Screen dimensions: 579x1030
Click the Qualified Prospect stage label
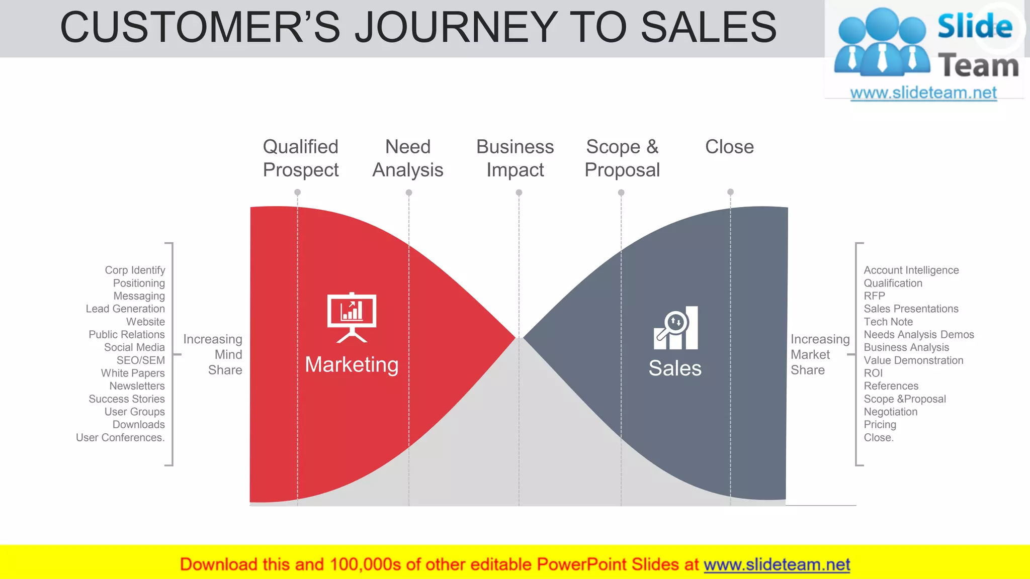(x=301, y=158)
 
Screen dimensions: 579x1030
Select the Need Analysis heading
(x=408, y=158)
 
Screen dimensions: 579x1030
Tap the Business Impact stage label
(x=515, y=158)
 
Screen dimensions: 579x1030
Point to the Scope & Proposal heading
(x=622, y=158)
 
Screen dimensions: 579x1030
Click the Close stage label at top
(x=729, y=147)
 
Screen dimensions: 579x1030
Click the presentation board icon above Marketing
(x=352, y=317)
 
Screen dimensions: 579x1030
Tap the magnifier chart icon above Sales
(x=675, y=328)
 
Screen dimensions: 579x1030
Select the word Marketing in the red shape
(x=352, y=364)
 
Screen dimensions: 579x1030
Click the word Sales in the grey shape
(x=674, y=368)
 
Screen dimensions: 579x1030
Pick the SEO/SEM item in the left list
(x=140, y=360)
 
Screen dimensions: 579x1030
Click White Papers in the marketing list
(x=133, y=373)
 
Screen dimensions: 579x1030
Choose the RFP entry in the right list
(x=874, y=296)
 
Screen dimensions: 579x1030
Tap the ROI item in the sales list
(x=873, y=373)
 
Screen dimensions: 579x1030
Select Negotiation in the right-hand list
(x=890, y=412)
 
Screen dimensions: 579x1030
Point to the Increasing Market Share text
(x=819, y=354)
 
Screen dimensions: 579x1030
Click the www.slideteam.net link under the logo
(x=923, y=92)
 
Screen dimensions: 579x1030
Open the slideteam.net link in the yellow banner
(x=777, y=564)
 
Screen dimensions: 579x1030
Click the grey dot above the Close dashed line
(x=730, y=192)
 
